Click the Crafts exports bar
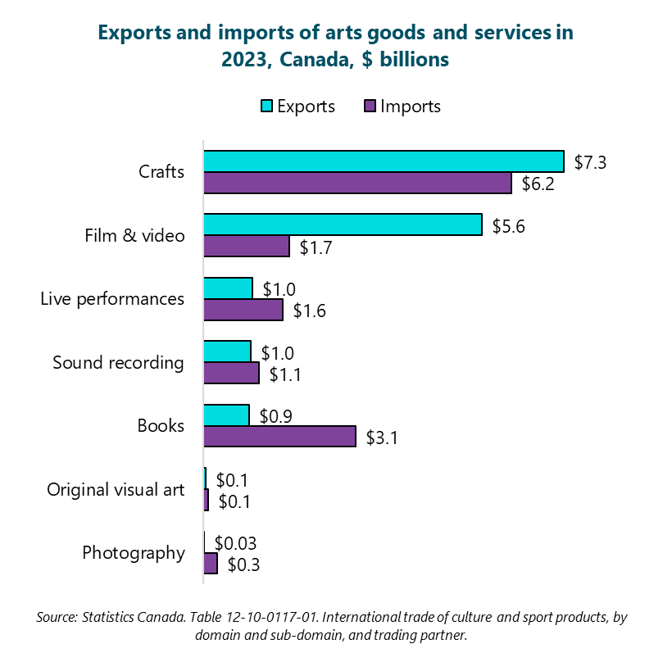[x=384, y=161]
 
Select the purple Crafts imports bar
[x=357, y=183]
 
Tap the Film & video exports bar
[x=343, y=224]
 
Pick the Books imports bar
[x=279, y=437]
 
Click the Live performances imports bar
[x=243, y=310]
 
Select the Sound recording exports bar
[x=227, y=351]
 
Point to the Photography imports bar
[x=211, y=564]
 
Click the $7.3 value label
[x=590, y=162]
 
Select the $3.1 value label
[x=382, y=438]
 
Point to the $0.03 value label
[x=235, y=543]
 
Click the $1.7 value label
[x=316, y=247]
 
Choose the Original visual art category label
[x=116, y=490]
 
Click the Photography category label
[x=134, y=553]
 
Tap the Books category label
[x=161, y=426]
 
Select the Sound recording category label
[x=118, y=362]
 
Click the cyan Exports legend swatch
[x=266, y=107]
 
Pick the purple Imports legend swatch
[x=369, y=107]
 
